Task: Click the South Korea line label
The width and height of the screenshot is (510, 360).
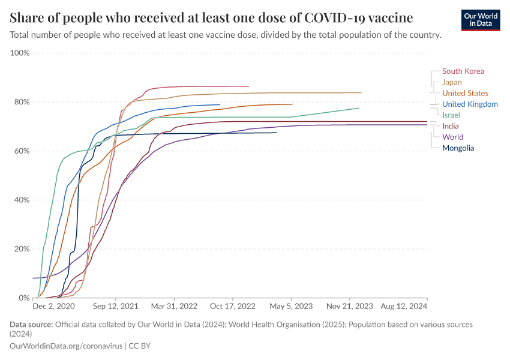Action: pos(463,71)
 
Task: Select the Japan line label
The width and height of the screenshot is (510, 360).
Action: pos(452,82)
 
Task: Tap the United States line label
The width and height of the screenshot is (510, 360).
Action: pos(465,93)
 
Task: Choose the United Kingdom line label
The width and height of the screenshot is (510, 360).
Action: pos(470,104)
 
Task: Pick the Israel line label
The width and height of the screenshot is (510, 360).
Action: pos(451,115)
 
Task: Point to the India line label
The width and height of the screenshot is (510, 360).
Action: pos(451,126)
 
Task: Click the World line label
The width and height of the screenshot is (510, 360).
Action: pos(452,137)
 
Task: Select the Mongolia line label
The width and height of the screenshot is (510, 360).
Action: pos(458,148)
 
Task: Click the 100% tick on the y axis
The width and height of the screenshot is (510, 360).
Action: pos(20,53)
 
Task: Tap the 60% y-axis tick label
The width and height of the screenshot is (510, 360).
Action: pos(22,151)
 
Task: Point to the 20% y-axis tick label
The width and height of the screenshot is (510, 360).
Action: pos(22,248)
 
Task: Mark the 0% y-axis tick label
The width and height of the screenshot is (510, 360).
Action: pos(24,298)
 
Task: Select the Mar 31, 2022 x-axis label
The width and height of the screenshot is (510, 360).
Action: pos(174,306)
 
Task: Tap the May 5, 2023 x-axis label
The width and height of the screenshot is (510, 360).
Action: pos(292,306)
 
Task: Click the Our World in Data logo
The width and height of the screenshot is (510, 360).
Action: pos(481,19)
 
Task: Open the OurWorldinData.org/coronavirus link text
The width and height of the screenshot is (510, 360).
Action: pos(66,346)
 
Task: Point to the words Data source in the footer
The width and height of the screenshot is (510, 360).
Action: pos(31,325)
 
